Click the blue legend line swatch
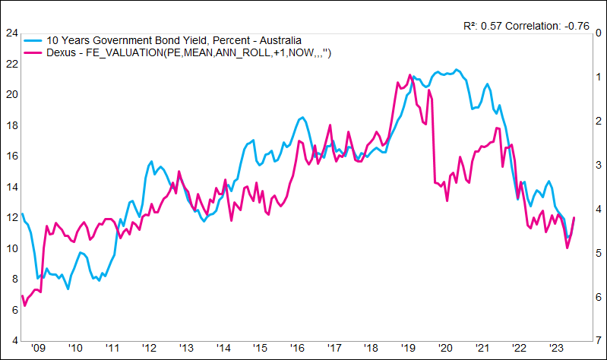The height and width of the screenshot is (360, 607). pos(33,39)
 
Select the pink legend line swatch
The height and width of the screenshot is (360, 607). pos(33,52)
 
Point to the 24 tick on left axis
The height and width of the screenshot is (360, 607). pos(11,33)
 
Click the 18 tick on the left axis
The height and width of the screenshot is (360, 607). pos(11,125)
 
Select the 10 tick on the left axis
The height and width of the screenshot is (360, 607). pos(11,248)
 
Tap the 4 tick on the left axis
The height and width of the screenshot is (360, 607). pos(14,340)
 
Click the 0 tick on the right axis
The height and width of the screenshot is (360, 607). pos(599,33)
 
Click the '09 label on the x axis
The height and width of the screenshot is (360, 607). pos(38,349)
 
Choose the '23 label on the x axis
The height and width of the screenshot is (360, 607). pos(556,349)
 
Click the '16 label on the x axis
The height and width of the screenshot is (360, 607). pos(297,349)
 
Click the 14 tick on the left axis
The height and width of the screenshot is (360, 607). pos(11,187)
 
